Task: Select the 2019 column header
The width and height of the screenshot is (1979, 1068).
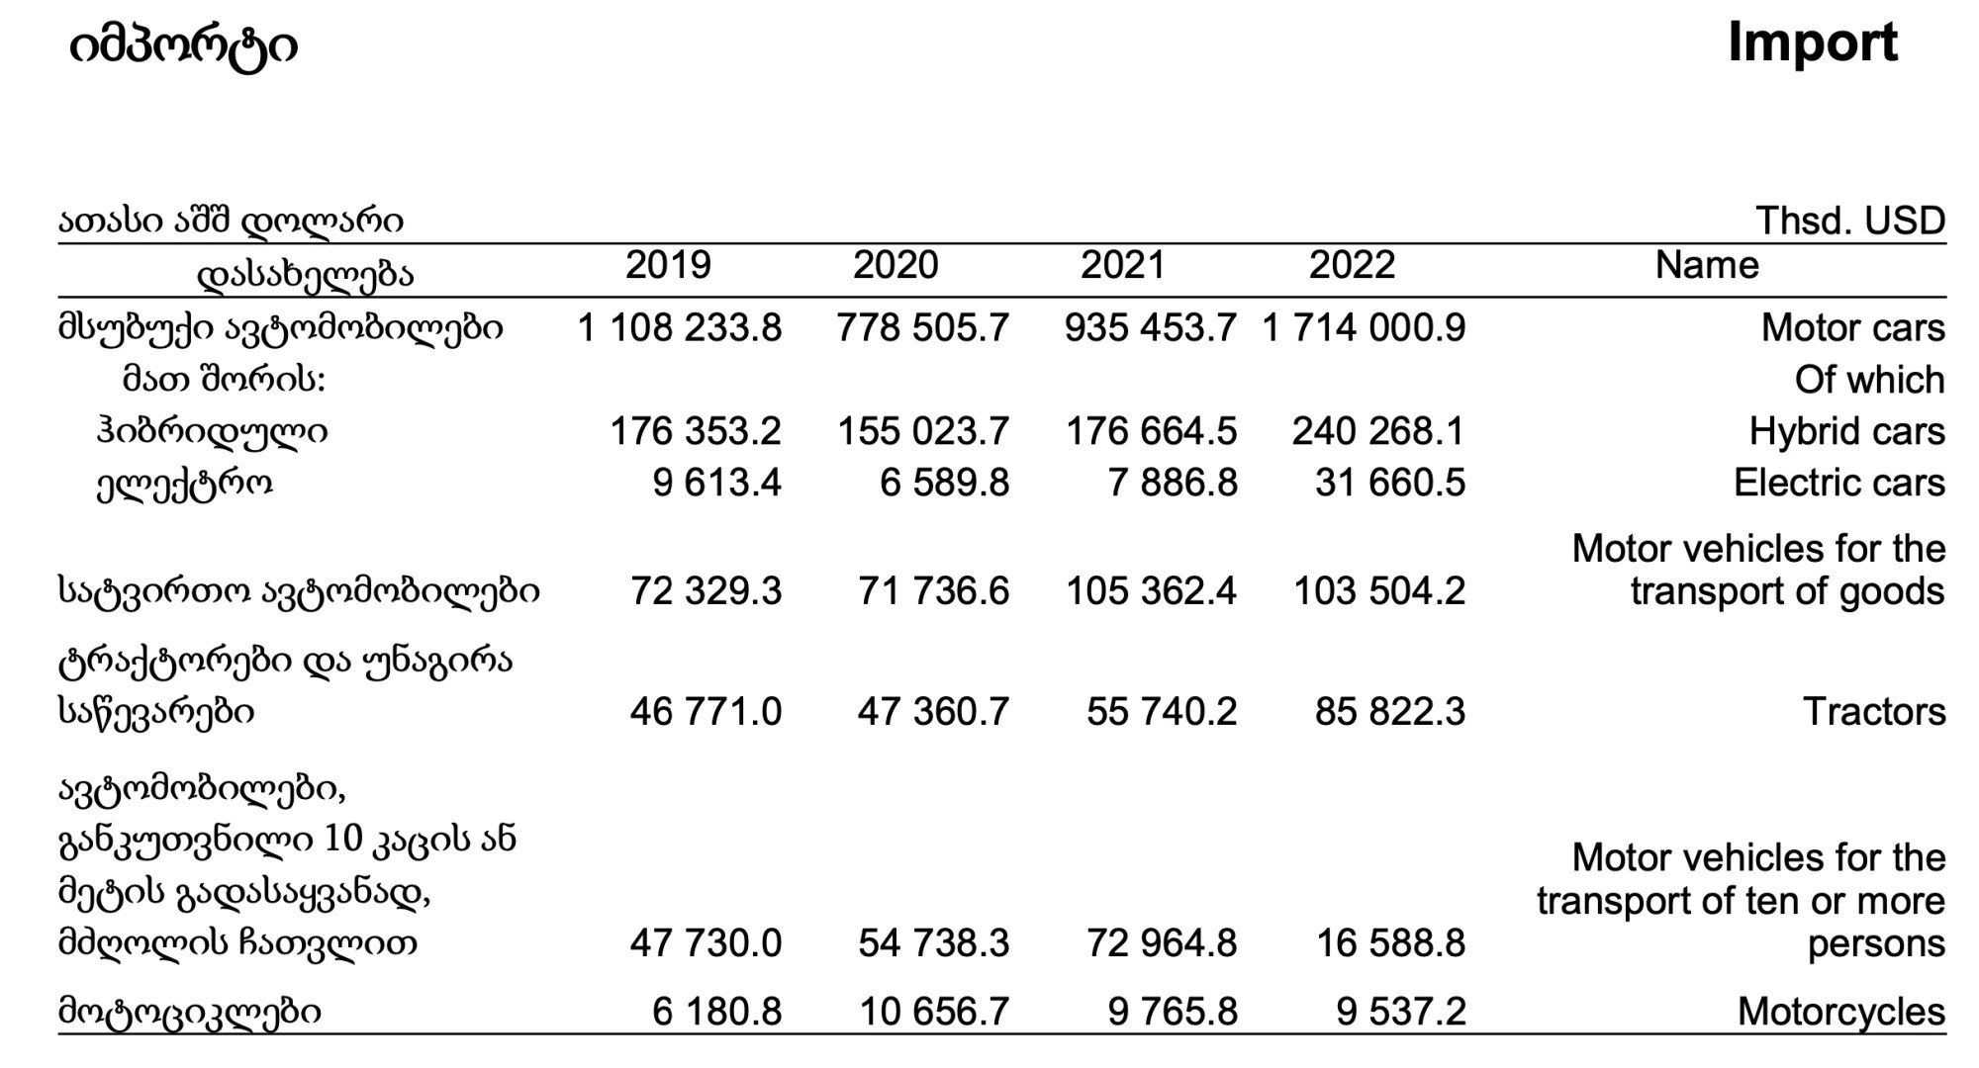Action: coord(668,265)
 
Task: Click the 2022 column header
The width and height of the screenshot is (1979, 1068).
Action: coord(1352,265)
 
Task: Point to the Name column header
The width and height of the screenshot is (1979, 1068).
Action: coord(1707,265)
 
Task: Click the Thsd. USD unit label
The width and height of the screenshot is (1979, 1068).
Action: coord(1850,221)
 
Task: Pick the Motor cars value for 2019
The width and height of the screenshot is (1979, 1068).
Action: coord(680,328)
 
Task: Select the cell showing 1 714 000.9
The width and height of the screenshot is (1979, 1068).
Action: coord(1364,328)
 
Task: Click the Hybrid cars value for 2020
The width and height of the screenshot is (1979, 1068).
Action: coord(923,431)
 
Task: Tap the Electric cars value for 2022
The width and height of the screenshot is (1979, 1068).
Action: coord(1390,483)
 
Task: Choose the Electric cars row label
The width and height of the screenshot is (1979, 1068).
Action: coord(1839,483)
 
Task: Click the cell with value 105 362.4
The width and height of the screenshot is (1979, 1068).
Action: coord(1151,591)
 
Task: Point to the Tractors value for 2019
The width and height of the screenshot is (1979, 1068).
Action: coord(706,712)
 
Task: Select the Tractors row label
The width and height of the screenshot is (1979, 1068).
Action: coord(1874,712)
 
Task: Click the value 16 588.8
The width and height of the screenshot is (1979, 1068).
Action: coord(1390,943)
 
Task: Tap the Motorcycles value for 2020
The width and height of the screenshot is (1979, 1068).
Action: coord(934,1012)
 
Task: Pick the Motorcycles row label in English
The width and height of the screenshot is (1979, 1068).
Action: coord(1841,1012)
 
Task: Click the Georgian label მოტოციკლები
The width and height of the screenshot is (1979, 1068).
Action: coord(190,1012)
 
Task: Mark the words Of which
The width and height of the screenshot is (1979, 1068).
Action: coord(1870,380)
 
